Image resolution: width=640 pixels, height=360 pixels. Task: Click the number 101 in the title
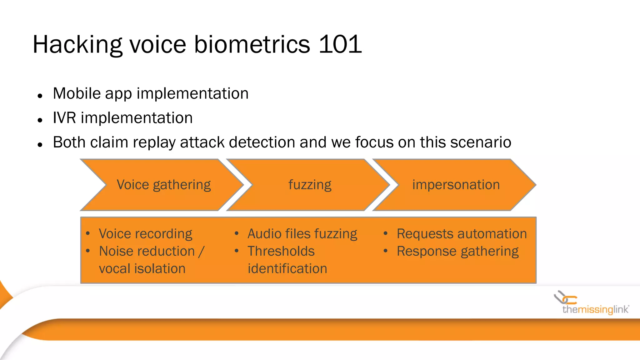click(x=340, y=44)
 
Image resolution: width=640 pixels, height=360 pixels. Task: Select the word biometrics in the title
click(x=252, y=44)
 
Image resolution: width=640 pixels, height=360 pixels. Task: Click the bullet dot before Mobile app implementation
click(x=40, y=96)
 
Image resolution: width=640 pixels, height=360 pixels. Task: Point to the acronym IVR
click(x=64, y=118)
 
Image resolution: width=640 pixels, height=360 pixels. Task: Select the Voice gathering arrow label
click(x=163, y=185)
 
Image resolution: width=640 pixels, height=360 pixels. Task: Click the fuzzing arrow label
click(x=310, y=185)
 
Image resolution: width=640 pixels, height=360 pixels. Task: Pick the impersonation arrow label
click(x=456, y=185)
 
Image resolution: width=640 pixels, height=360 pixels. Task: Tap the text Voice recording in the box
click(x=145, y=234)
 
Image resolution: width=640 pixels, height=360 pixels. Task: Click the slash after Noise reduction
click(x=202, y=252)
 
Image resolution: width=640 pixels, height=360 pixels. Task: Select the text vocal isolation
click(x=142, y=269)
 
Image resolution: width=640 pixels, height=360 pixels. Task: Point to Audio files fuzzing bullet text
click(x=302, y=234)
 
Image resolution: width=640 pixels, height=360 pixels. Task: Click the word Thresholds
click(x=281, y=251)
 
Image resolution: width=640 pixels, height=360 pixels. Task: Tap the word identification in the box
click(x=287, y=269)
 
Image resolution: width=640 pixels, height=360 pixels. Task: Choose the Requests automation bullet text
click(x=462, y=234)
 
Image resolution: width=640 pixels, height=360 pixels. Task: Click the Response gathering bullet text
click(x=457, y=252)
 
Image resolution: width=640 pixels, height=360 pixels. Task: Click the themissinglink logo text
click(x=595, y=310)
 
